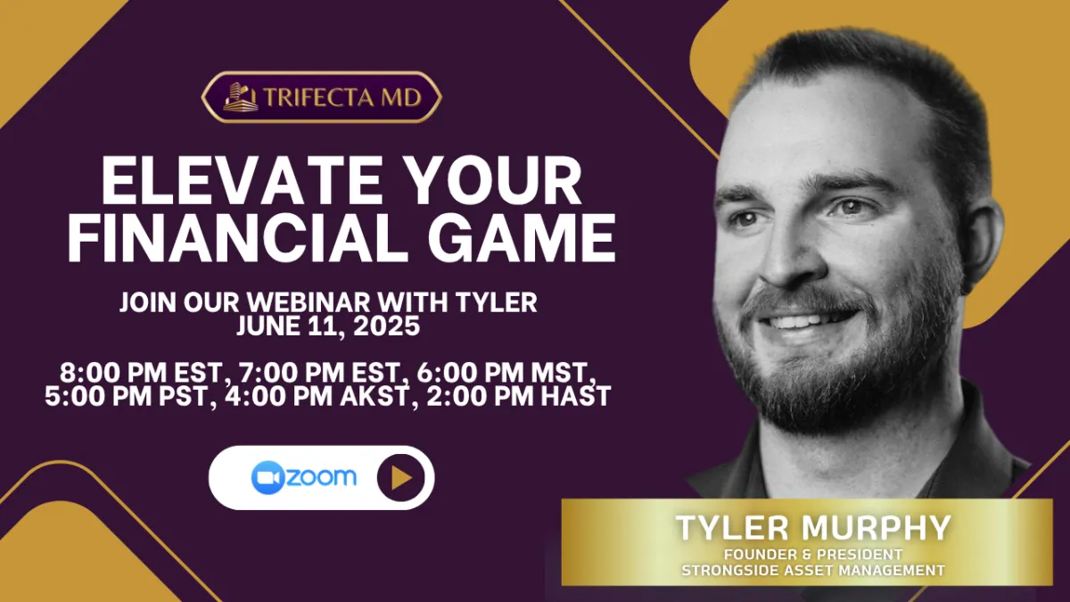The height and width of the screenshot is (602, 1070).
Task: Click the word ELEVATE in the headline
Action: pos(243,180)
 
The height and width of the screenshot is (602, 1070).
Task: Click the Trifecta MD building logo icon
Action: pos(241,97)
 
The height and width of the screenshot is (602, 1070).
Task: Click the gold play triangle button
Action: pos(400,478)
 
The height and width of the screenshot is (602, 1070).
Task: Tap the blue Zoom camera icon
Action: pos(268,478)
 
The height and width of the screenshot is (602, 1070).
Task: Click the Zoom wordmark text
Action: pos(322,477)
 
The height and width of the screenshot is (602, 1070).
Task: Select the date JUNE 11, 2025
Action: pos(329,326)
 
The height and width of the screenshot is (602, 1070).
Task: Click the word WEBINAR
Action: pos(309,302)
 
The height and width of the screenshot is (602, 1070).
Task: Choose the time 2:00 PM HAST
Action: pos(519,397)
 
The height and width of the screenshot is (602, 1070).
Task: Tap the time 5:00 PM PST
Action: pos(130,397)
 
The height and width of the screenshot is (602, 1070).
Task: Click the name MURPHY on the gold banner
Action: pos(876,528)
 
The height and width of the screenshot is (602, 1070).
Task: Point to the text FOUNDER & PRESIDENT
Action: pos(813,555)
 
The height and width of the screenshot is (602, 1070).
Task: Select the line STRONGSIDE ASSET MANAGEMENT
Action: pos(813,571)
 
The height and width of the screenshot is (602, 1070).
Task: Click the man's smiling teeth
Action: pos(807,320)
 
